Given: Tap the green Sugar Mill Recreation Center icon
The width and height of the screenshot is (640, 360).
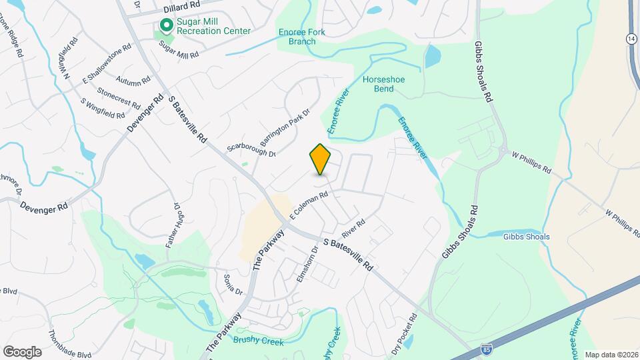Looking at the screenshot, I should tap(165, 26).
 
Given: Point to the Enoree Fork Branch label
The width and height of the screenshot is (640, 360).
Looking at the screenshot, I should tap(297, 36).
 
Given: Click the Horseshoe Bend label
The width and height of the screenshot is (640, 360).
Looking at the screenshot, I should tap(383, 84).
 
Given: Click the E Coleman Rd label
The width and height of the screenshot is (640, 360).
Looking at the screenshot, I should tap(308, 204).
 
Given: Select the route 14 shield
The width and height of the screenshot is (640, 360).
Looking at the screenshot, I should tap(631, 39).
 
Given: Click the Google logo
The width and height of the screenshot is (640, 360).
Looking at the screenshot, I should tap(22, 351).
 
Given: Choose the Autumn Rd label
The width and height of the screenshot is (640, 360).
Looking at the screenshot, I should tap(133, 80).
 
